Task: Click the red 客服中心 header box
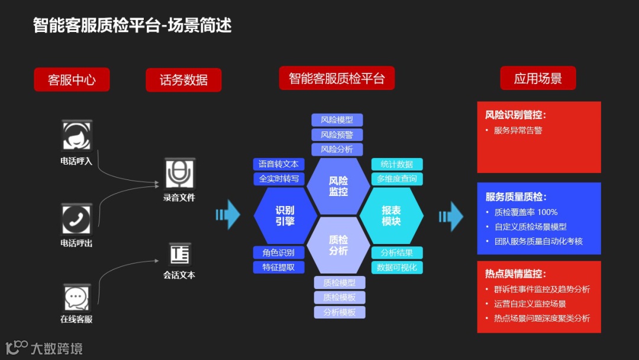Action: [72, 80]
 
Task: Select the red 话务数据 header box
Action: [183, 80]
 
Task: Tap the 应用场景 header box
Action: [537, 78]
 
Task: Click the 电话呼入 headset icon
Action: [77, 136]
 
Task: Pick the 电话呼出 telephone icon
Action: [77, 219]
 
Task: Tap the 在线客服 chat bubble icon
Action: [76, 298]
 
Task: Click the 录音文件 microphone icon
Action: [179, 173]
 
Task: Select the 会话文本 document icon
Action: [179, 254]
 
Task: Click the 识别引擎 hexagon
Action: [285, 216]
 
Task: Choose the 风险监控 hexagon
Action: [338, 186]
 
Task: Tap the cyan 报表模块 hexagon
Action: [391, 216]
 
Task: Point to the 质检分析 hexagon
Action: [338, 245]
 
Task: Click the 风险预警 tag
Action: [337, 134]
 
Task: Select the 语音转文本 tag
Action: [279, 164]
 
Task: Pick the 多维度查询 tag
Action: [396, 179]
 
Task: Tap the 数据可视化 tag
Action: [396, 268]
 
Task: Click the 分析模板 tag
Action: [340, 312]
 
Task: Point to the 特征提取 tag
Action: [279, 268]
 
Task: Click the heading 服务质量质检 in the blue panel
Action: [516, 197]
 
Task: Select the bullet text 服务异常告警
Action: [518, 130]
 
